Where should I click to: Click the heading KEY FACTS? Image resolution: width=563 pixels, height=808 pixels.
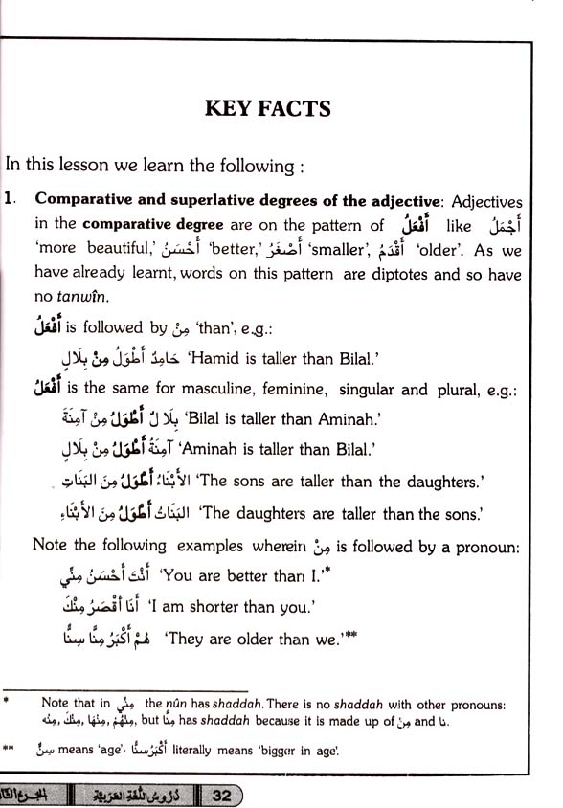click(x=267, y=108)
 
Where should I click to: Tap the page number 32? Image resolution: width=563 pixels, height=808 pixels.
click(x=220, y=794)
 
